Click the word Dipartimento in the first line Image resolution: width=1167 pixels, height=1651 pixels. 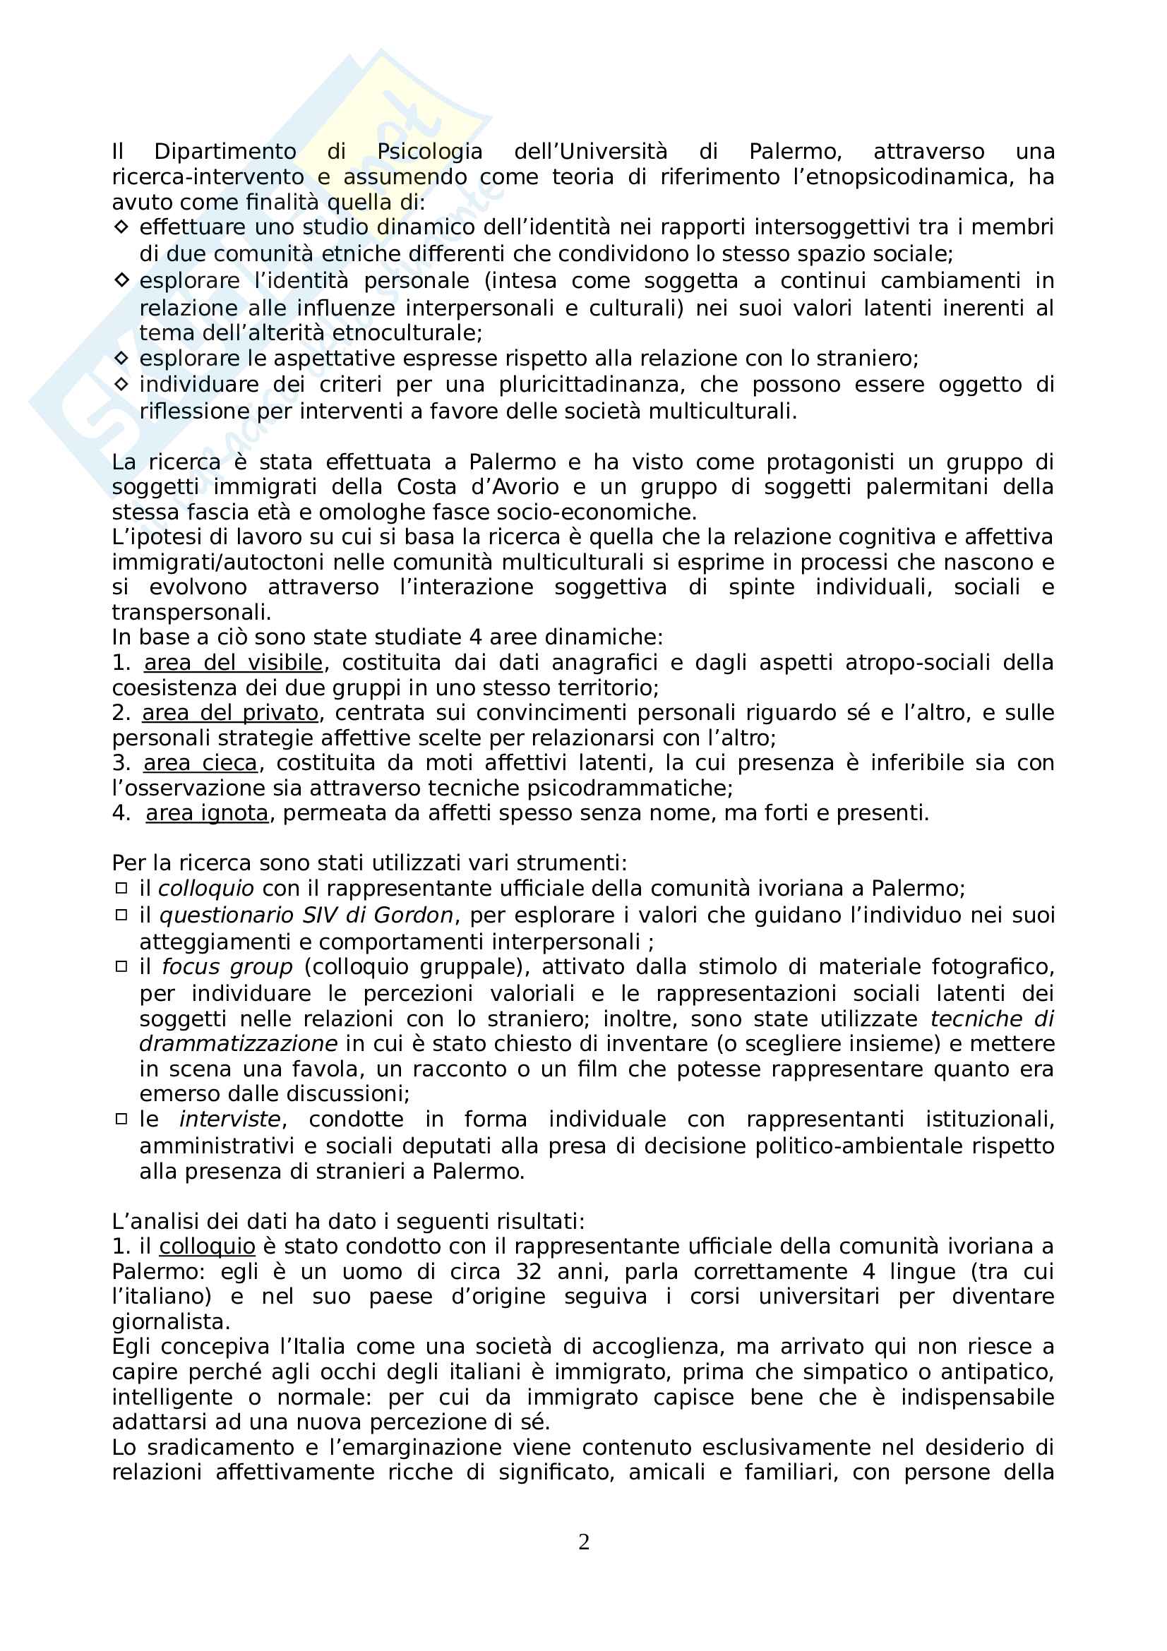[225, 152]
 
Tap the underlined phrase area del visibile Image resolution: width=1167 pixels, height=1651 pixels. [233, 662]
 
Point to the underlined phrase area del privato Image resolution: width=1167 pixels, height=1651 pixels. [230, 713]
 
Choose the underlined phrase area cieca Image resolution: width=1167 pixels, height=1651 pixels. [200, 763]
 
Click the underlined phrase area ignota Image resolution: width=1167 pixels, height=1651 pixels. [207, 813]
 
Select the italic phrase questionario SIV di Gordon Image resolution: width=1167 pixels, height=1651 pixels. [306, 915]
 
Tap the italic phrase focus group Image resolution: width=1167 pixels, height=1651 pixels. [227, 967]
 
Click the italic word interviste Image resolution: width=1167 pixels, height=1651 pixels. [230, 1119]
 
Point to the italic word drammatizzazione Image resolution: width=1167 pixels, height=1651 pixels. [239, 1043]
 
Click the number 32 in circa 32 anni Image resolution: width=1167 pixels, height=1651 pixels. [529, 1271]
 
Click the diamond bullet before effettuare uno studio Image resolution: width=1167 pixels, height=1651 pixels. [121, 227]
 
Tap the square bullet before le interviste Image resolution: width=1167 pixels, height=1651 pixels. [121, 1119]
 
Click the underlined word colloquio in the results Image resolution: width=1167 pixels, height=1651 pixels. [207, 1246]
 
